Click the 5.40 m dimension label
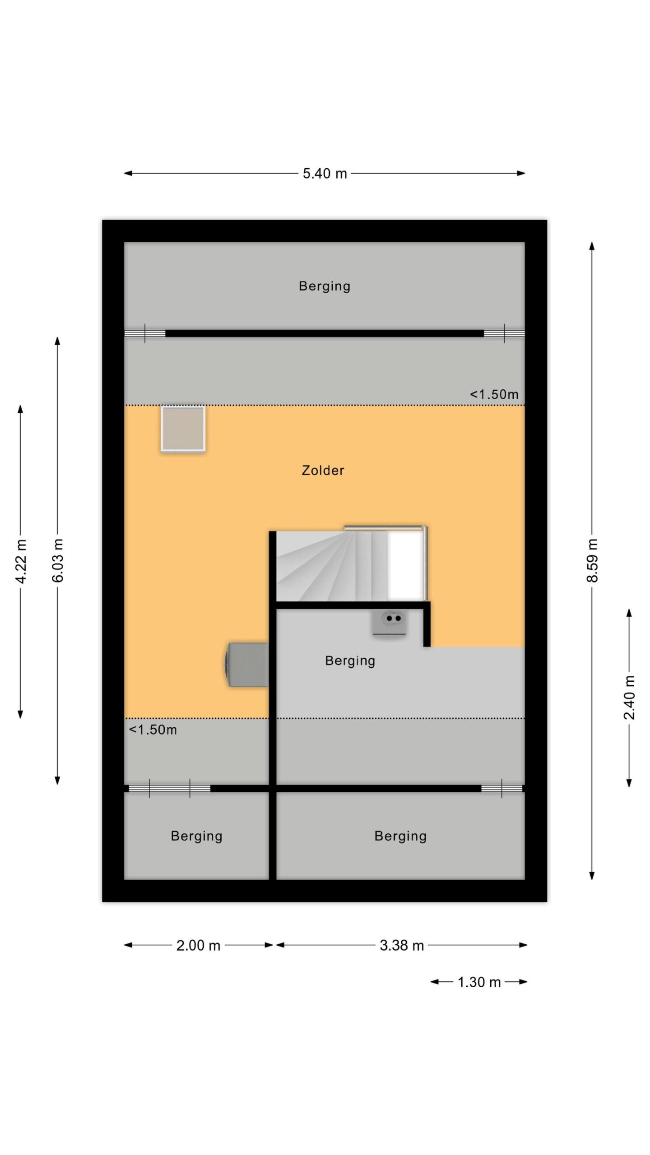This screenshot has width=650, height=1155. tap(325, 174)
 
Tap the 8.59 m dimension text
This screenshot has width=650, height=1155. tap(592, 560)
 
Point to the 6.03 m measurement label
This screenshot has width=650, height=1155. tap(57, 560)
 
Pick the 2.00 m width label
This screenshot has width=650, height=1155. tap(198, 945)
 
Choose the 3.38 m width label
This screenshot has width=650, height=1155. tap(402, 945)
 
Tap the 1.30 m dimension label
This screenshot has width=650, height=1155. tap(479, 982)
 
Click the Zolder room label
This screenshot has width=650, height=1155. tap(323, 470)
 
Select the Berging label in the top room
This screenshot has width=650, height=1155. tap(325, 286)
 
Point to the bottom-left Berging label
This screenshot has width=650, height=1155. tap(196, 836)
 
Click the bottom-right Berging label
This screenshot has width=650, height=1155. tap(400, 836)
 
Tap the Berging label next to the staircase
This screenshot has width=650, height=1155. tap(350, 661)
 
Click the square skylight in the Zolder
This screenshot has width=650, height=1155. tap(183, 429)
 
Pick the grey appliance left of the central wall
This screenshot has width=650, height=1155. tap(247, 665)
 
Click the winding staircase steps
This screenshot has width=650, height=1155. tap(332, 566)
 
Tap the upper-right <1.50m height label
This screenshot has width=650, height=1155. tap(494, 394)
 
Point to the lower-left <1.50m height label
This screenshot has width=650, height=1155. tap(153, 730)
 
